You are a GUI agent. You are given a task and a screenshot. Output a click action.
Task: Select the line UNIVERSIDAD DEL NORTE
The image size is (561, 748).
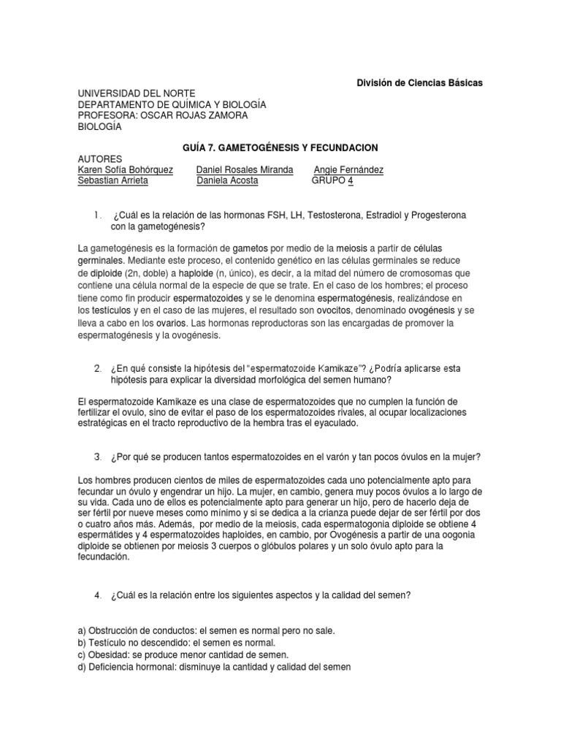(x=137, y=94)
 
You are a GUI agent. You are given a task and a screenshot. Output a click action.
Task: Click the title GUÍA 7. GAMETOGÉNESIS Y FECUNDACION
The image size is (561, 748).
(x=280, y=148)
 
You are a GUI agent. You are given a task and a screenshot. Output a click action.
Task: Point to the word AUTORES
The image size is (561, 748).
(x=100, y=159)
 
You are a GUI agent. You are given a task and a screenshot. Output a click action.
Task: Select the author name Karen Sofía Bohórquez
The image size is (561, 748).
(x=125, y=170)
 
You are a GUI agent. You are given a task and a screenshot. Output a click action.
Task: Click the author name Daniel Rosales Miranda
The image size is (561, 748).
(x=245, y=170)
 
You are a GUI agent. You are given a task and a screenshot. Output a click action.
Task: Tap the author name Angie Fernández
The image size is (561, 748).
(x=348, y=170)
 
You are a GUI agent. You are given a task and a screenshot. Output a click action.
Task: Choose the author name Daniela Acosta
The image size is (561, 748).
(x=227, y=181)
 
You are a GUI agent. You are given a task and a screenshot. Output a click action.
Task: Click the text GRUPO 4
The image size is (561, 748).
(x=332, y=181)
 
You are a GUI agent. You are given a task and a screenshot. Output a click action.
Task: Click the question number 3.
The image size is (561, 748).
(x=97, y=457)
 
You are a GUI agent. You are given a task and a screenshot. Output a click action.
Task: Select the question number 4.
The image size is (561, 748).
(x=97, y=595)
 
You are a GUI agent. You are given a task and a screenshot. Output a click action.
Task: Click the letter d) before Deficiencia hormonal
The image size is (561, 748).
(x=82, y=667)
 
